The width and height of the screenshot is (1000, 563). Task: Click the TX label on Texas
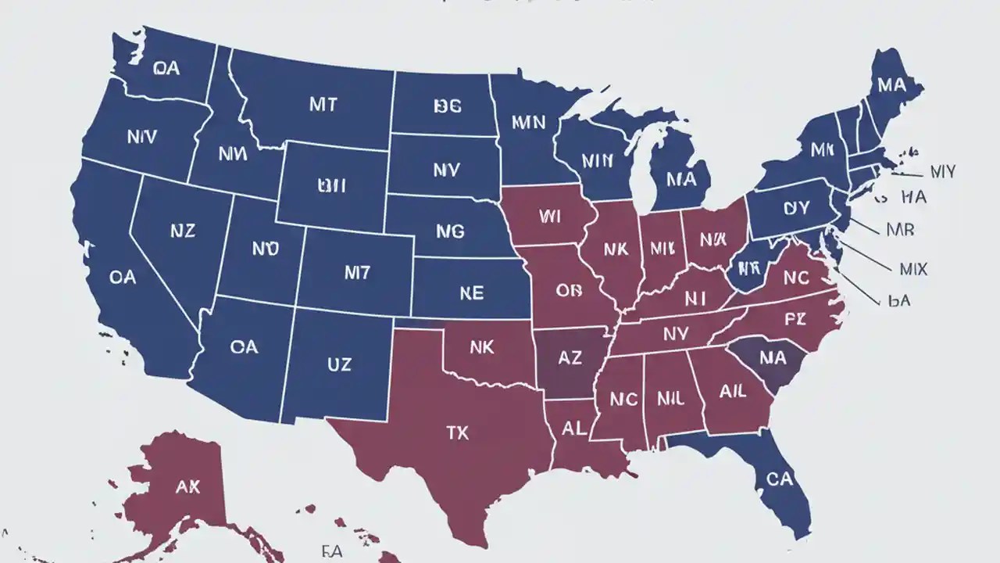click(458, 432)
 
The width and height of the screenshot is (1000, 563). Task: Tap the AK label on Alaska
click(187, 487)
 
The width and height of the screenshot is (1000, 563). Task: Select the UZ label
click(338, 364)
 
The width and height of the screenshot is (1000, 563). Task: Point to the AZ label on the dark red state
click(570, 359)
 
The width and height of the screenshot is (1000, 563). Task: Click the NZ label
click(182, 231)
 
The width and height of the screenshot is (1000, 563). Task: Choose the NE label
click(470, 293)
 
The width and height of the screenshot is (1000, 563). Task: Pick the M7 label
click(357, 272)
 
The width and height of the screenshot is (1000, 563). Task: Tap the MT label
click(323, 106)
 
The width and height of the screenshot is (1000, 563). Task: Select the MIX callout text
click(912, 269)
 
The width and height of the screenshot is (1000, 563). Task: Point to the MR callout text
click(900, 231)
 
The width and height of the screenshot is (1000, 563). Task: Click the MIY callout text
click(941, 171)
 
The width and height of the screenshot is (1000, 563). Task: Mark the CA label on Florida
click(779, 479)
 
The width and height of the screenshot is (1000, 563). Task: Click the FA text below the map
click(331, 551)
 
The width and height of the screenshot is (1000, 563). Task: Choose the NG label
click(450, 231)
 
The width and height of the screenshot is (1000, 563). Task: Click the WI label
click(549, 216)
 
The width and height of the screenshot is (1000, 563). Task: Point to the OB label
click(569, 290)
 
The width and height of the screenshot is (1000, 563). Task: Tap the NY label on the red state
click(675, 335)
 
